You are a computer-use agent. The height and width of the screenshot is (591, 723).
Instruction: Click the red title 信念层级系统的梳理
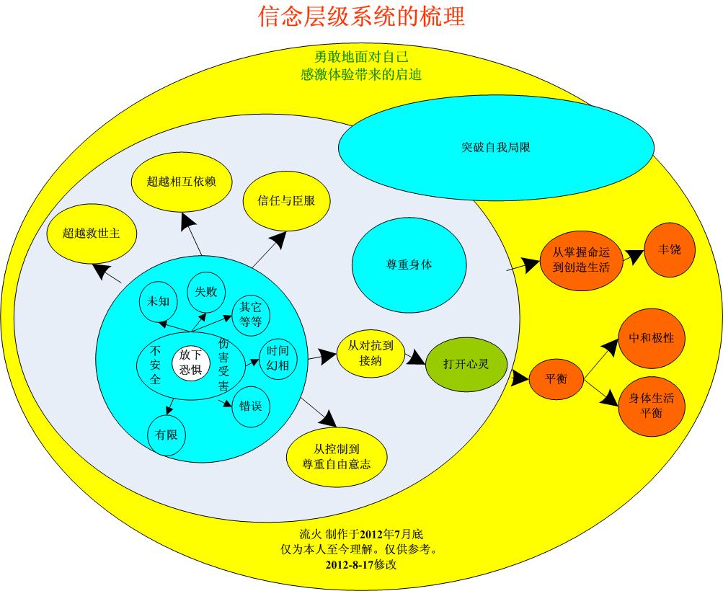(x=361, y=16)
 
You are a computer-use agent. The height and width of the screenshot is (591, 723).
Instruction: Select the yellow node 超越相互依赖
(x=182, y=181)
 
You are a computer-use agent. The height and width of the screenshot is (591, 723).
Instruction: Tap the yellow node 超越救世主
(x=92, y=233)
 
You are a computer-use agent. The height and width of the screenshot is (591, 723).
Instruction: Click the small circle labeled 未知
(x=158, y=301)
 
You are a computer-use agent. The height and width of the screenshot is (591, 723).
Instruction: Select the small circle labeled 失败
(x=206, y=292)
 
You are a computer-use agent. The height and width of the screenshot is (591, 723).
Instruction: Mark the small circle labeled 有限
(x=167, y=435)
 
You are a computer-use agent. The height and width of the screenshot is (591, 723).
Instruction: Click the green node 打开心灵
(x=466, y=364)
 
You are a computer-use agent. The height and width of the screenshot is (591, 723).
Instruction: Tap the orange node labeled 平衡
(x=556, y=379)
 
